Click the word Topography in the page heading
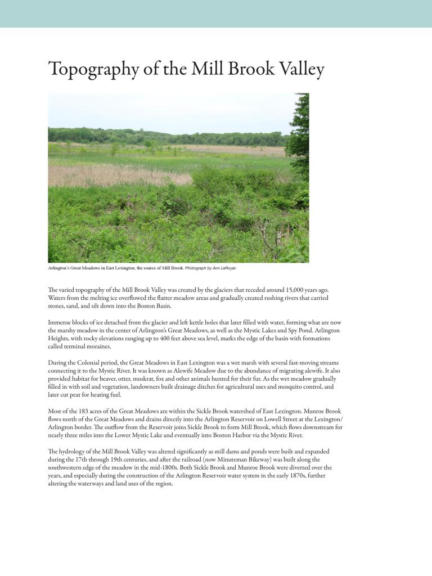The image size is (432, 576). tap(93, 69)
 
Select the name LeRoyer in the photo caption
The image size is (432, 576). tap(228, 268)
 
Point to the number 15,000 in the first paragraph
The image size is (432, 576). tap(289, 290)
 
